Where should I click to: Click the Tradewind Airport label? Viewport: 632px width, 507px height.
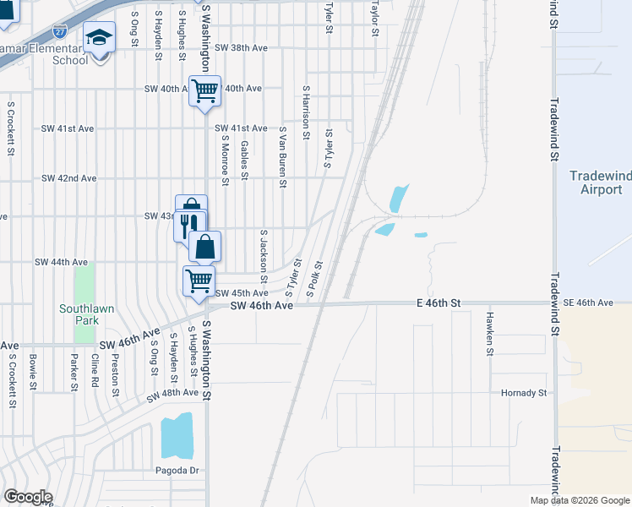(x=600, y=183)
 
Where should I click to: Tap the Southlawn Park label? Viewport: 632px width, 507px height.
(x=81, y=315)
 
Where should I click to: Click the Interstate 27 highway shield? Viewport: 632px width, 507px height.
(x=59, y=31)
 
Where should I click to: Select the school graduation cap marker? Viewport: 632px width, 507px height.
(x=99, y=39)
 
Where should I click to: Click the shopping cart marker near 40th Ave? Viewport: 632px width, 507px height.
(x=204, y=90)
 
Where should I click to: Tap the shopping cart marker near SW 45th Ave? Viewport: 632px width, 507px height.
(x=199, y=280)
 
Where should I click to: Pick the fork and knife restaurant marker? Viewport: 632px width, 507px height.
(x=188, y=224)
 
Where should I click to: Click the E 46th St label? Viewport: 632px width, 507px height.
(x=438, y=303)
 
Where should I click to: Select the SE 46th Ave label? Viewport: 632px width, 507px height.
(x=588, y=303)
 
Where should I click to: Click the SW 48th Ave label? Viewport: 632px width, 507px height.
(x=172, y=395)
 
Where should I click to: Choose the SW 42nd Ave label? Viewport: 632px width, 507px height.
(x=68, y=179)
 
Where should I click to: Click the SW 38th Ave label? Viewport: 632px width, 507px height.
(x=242, y=48)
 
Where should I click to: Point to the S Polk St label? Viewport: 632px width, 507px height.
(x=314, y=280)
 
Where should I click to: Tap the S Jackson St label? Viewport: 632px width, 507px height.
(x=264, y=257)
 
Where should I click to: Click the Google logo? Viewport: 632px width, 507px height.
(x=27, y=497)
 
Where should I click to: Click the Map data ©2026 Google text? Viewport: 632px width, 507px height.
(x=580, y=500)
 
